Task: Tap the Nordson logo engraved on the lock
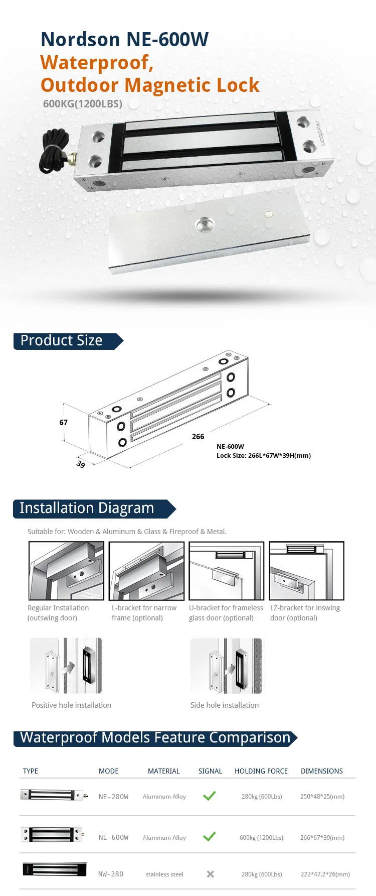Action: point(320,134)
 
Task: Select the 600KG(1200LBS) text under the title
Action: point(83,104)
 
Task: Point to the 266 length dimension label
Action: point(198,437)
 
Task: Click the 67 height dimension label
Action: point(63,423)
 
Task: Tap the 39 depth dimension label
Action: point(81,464)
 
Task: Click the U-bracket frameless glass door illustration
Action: point(226,571)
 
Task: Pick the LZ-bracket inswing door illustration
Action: point(306,571)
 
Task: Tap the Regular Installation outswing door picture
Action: point(66,571)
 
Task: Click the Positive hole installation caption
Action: point(71,705)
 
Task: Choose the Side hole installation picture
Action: point(226,666)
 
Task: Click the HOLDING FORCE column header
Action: point(261,771)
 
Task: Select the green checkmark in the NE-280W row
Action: point(210,796)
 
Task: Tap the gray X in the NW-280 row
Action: point(211,874)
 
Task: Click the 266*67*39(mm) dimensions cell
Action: point(322,837)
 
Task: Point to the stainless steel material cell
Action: point(164,874)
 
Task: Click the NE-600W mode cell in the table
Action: point(113,837)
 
